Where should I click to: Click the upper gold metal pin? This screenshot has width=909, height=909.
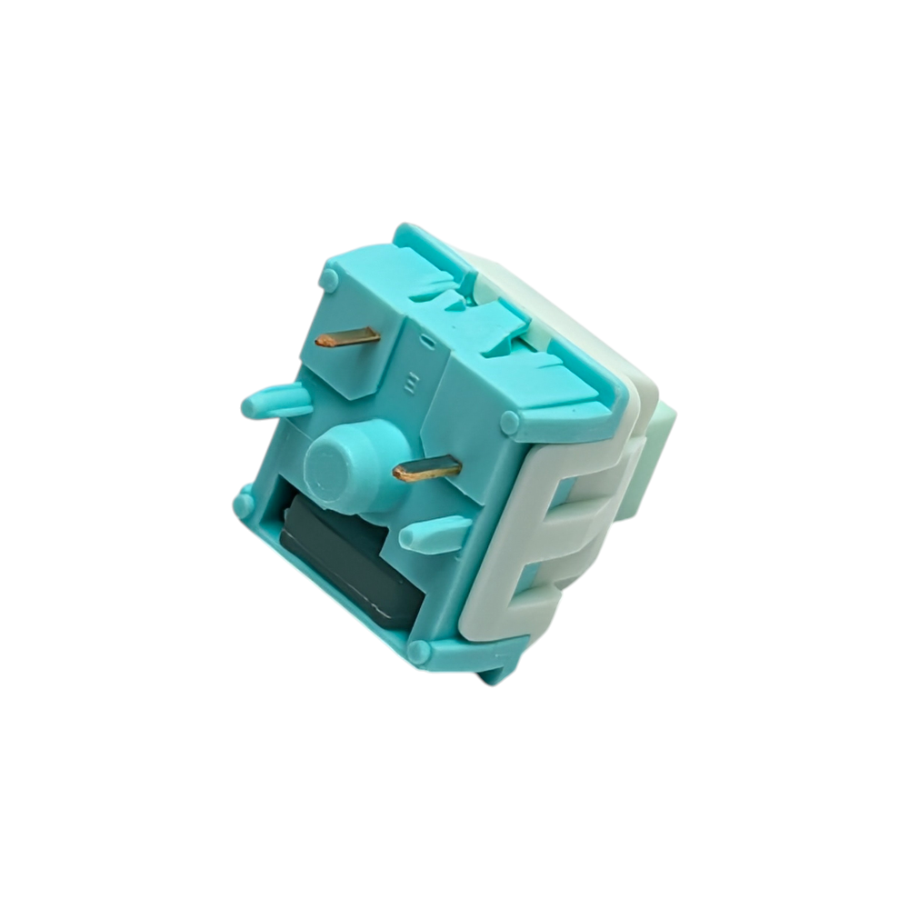pyautogui.click(x=348, y=338)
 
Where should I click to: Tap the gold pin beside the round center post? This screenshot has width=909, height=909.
pyautogui.click(x=427, y=469)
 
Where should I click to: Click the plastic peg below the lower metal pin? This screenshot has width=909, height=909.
pyautogui.click(x=435, y=534)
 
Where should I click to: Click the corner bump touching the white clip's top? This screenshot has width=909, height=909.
pyautogui.click(x=510, y=422)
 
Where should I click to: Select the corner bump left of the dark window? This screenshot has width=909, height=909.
pyautogui.click(x=244, y=502)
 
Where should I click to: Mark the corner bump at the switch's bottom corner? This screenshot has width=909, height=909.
pyautogui.click(x=418, y=651)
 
